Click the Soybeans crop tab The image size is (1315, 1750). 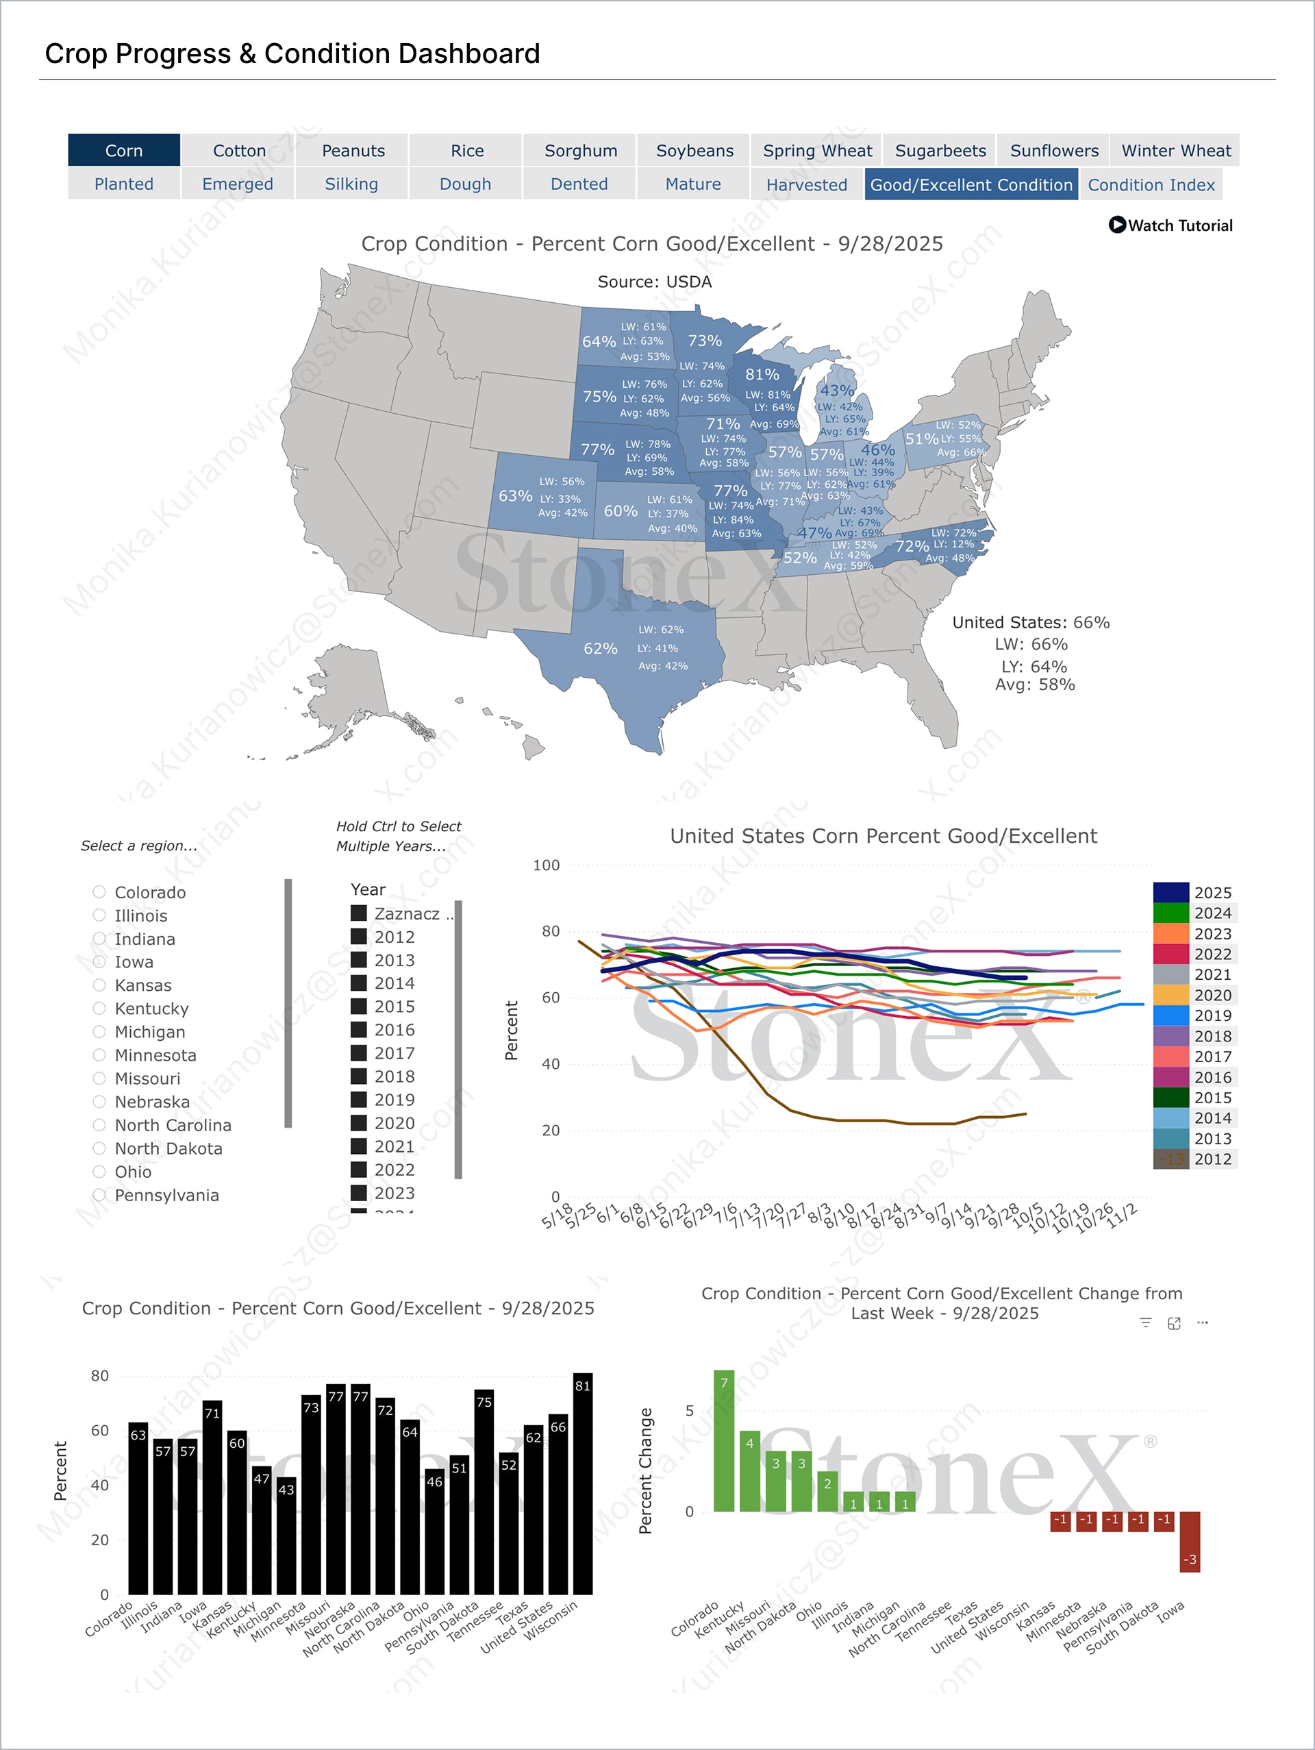pyautogui.click(x=694, y=150)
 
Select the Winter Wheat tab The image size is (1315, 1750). pyautogui.click(x=1175, y=150)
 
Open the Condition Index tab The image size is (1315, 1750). pyautogui.click(x=1151, y=184)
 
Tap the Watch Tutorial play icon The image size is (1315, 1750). pyautogui.click(x=1116, y=225)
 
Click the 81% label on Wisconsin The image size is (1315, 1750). pyautogui.click(x=762, y=374)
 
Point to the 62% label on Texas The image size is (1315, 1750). pyautogui.click(x=600, y=648)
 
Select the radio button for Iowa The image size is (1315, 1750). pyautogui.click(x=99, y=961)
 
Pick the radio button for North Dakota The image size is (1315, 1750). pyautogui.click(x=99, y=1148)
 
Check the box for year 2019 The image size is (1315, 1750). pyautogui.click(x=359, y=1099)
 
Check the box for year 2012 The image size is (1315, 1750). pyautogui.click(x=359, y=936)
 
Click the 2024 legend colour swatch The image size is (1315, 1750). pyautogui.click(x=1170, y=913)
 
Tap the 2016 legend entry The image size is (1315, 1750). pyautogui.click(x=1212, y=1076)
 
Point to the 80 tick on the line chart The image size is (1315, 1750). pyautogui.click(x=551, y=931)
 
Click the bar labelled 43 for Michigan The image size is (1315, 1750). pyautogui.click(x=286, y=1539)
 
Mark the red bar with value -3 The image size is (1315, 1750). pyautogui.click(x=1189, y=1541)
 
